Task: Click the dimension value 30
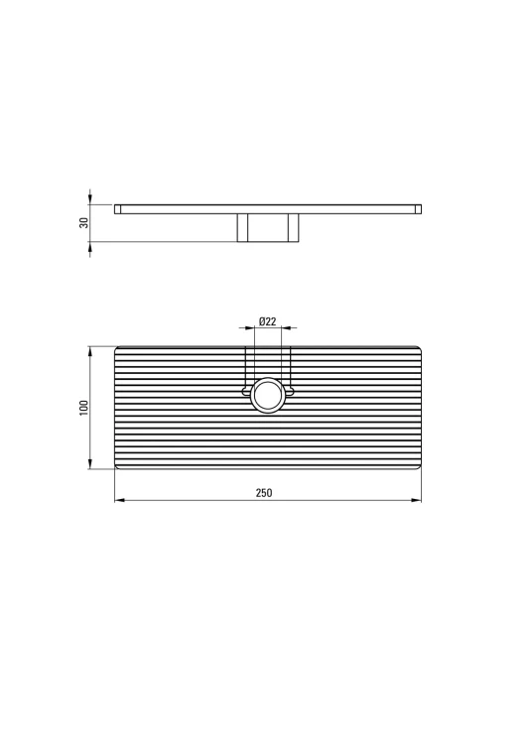[84, 222]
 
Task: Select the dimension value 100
[84, 408]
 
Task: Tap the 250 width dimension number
[264, 493]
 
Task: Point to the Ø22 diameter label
[267, 321]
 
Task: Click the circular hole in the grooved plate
[268, 395]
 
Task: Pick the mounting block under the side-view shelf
[268, 228]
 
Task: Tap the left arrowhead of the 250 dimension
[120, 500]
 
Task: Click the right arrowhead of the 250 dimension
[416, 500]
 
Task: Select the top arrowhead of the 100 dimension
[89, 352]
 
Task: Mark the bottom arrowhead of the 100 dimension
[89, 463]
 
